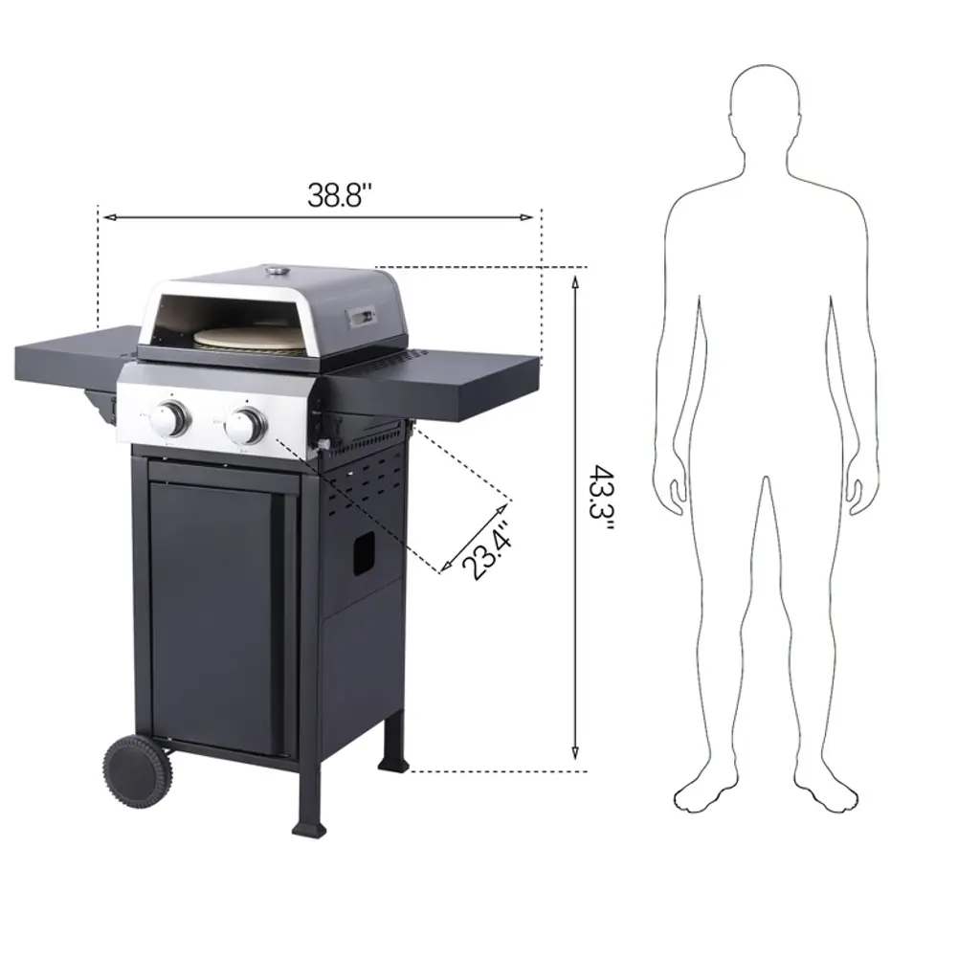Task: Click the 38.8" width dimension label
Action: (340, 195)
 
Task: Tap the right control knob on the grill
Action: (246, 424)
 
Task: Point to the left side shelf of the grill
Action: (75, 355)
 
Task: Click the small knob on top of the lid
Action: (277, 271)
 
